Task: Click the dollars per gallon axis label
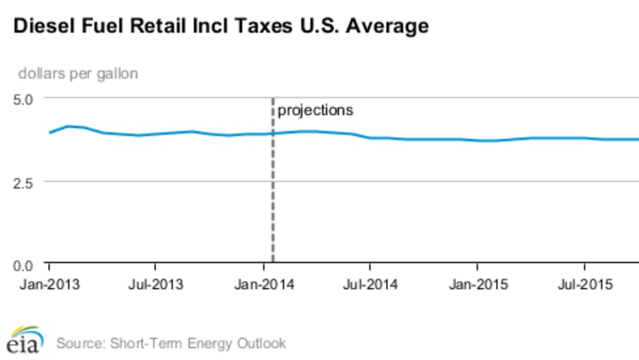78,74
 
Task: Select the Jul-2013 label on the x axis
155,285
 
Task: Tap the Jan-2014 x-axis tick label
263,285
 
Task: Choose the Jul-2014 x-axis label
370,285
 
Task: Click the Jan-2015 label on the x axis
477,285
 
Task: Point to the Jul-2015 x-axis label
584,285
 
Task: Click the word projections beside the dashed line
316,110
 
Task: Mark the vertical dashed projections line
273,196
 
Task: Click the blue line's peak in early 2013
68,126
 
